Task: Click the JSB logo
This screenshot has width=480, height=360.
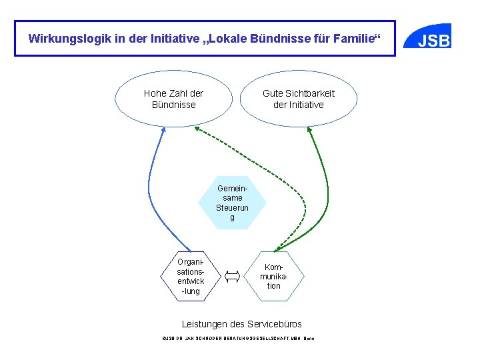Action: point(433,41)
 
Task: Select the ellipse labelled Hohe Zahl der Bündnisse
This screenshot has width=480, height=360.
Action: point(173,99)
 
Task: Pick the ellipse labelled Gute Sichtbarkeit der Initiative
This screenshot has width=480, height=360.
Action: point(298,99)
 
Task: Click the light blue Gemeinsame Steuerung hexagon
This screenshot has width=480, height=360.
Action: point(232,203)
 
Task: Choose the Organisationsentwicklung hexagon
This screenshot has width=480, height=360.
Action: point(190,274)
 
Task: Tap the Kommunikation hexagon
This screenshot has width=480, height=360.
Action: point(273,276)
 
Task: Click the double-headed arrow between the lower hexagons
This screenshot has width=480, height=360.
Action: point(232,275)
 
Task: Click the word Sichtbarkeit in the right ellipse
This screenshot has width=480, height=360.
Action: point(311,93)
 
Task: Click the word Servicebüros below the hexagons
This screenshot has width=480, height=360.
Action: point(274,324)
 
